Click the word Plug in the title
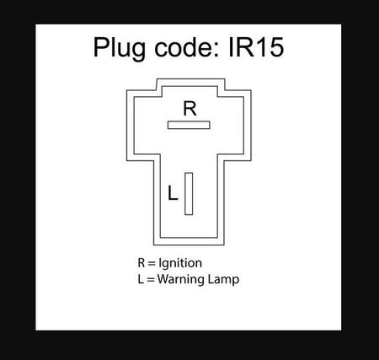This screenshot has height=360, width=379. point(120,49)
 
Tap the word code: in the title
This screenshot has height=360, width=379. point(186,47)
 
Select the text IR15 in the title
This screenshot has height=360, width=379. point(256,47)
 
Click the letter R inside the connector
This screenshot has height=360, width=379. point(189,109)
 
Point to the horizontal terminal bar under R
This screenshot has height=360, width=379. point(189,125)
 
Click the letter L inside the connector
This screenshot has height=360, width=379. point(173,193)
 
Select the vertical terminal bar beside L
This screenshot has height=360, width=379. point(189,194)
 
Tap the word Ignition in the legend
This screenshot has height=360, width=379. point(180,264)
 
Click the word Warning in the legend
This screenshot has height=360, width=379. point(181,280)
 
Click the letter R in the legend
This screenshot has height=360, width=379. point(141,263)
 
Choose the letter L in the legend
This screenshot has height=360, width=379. point(141,279)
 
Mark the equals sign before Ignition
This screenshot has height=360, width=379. point(152,263)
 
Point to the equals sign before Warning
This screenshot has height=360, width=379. point(151,280)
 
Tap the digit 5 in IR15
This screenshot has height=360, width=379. point(275,48)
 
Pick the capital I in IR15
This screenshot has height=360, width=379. point(231,47)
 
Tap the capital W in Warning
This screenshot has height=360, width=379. point(163,279)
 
